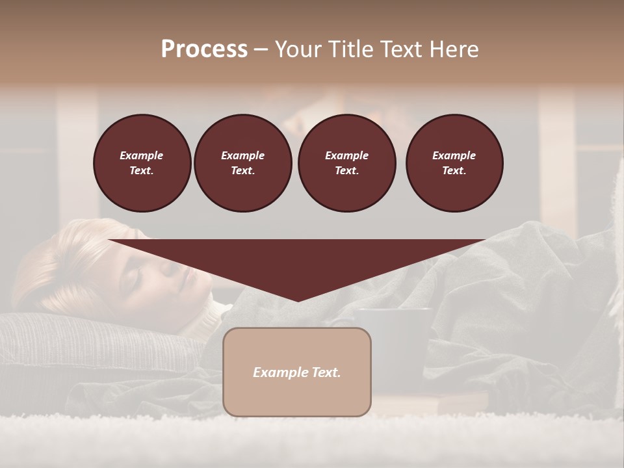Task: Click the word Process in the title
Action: (x=204, y=49)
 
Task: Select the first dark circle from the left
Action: (x=142, y=163)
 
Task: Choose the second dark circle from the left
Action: (x=242, y=163)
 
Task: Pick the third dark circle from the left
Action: (x=346, y=163)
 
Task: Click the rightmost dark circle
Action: (x=454, y=163)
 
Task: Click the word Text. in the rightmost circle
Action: (x=454, y=171)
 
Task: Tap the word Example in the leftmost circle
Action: (x=142, y=155)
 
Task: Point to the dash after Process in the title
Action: (x=261, y=49)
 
